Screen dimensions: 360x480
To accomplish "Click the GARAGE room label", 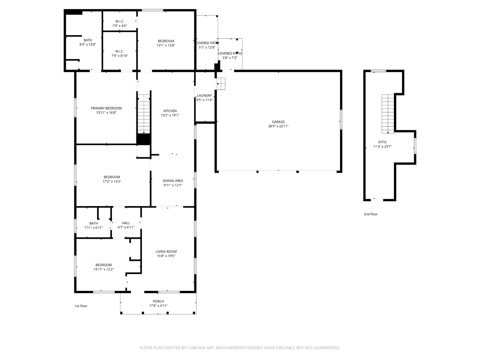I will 279,122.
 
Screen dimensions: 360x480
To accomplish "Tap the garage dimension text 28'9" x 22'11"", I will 279,126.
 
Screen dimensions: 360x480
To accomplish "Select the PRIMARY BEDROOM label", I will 106,108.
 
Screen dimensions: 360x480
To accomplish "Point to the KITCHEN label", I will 170,111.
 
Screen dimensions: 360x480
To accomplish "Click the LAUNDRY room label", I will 204,96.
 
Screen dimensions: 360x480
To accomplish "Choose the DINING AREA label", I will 173,181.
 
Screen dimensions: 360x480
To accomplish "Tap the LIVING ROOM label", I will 166,252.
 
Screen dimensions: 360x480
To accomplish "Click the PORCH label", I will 158,301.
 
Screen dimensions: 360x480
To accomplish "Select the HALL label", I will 126,223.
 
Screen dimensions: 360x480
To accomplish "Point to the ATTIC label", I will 382,142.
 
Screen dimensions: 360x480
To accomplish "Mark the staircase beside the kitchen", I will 144,114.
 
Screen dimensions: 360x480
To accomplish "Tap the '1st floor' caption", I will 81,306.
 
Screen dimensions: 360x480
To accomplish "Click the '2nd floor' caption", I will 370,214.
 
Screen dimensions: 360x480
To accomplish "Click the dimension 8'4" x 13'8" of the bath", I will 88,44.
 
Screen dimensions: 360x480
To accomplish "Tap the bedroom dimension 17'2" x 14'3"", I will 112,182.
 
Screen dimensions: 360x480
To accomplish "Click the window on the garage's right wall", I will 341,119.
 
